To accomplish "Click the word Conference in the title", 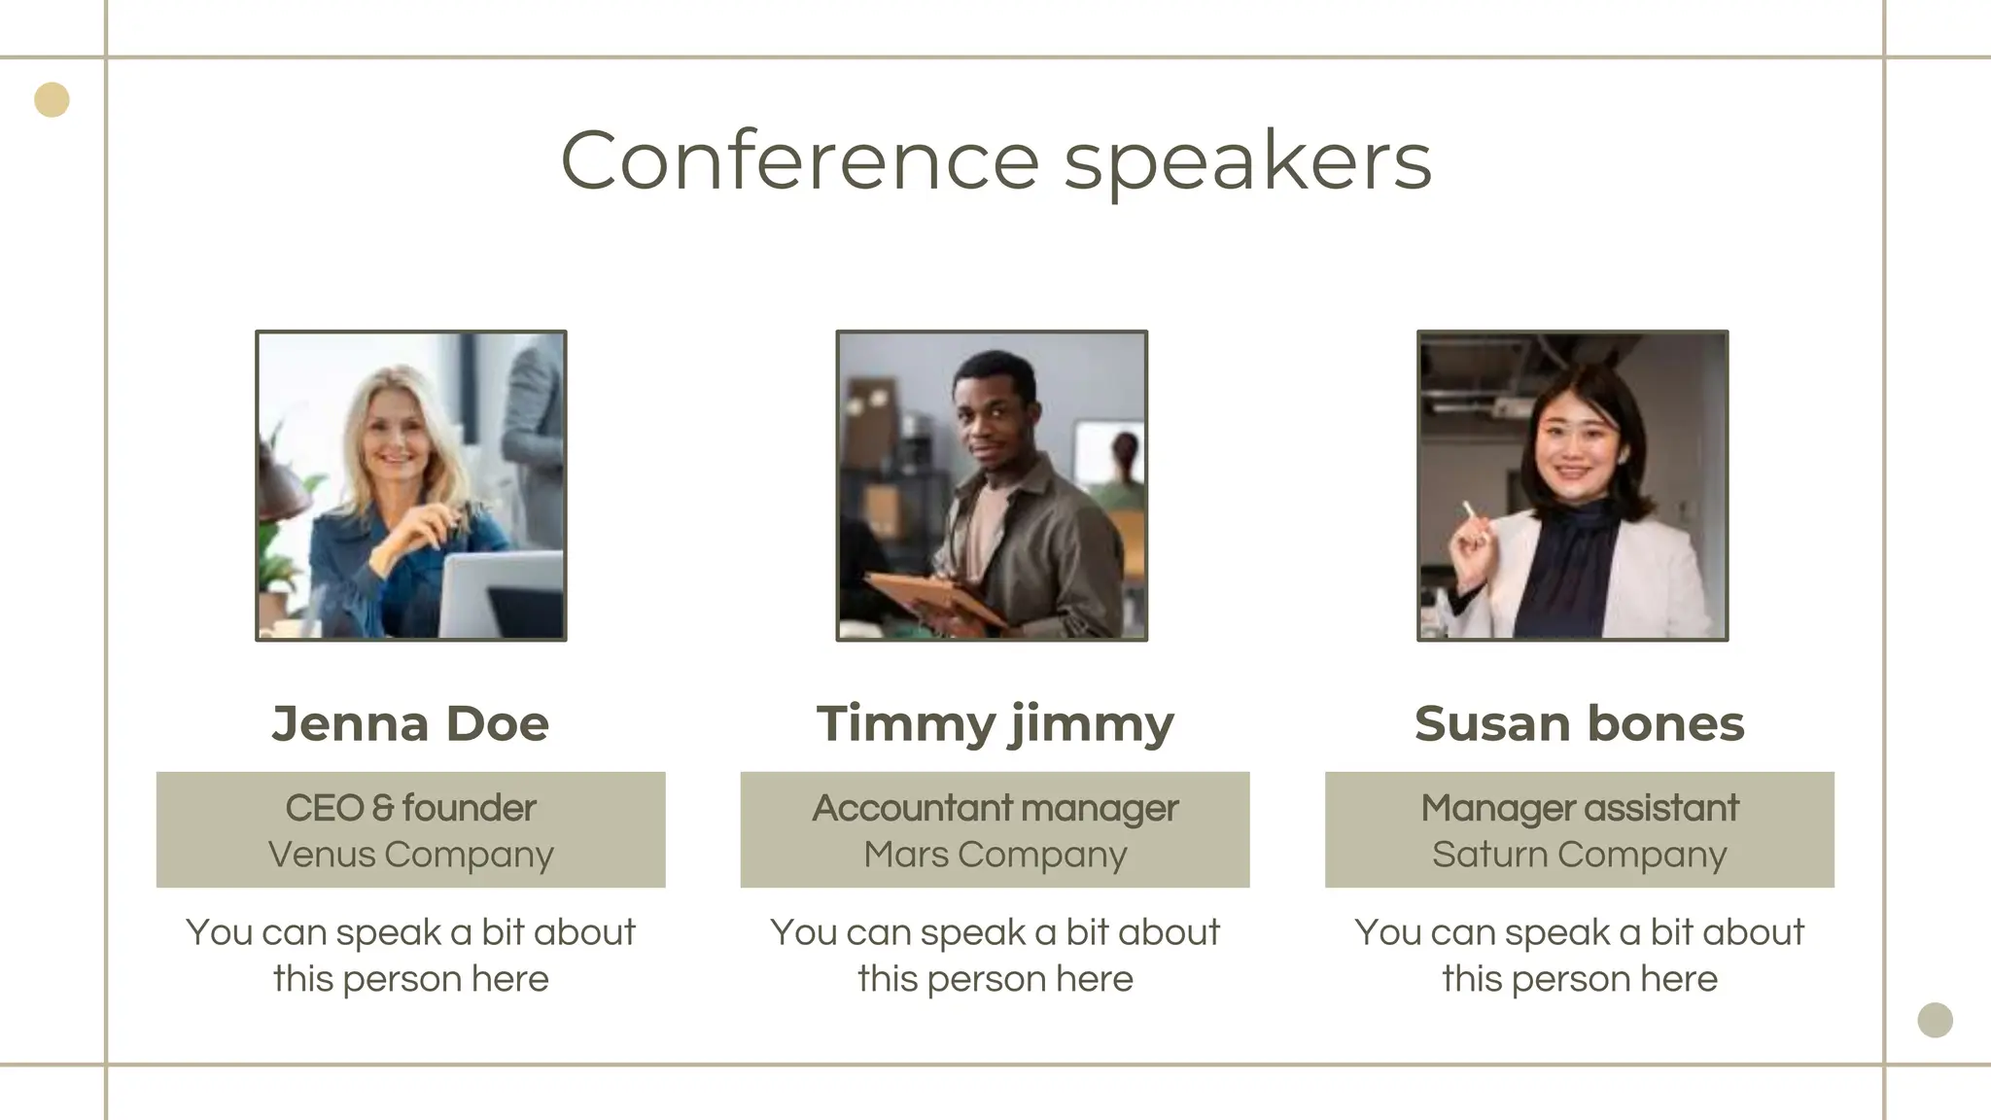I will click(x=799, y=160).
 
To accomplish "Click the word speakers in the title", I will click(x=1247, y=162).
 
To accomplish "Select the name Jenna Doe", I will click(x=410, y=723).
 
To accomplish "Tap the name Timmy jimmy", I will click(x=995, y=723).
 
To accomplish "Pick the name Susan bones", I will click(x=1579, y=723).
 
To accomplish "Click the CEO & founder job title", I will click(x=410, y=808).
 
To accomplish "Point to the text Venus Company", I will click(x=410, y=855).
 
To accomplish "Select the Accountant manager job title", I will click(x=995, y=808).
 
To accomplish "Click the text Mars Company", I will click(x=995, y=855).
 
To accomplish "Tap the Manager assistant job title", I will click(x=1579, y=808).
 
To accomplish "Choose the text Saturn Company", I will click(x=1579, y=855).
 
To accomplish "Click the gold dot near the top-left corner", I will click(x=52, y=100).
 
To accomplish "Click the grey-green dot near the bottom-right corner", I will click(x=1935, y=1020).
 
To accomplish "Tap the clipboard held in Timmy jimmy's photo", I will click(x=933, y=597).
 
